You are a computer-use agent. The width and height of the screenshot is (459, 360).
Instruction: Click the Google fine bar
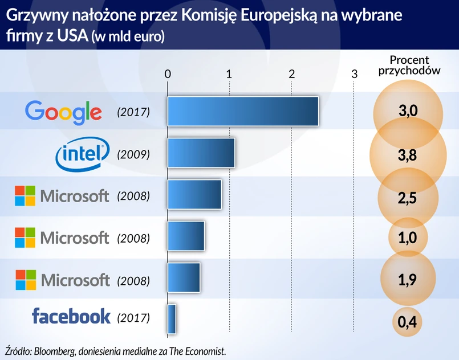click(x=242, y=111)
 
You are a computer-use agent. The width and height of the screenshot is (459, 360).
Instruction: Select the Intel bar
click(x=201, y=153)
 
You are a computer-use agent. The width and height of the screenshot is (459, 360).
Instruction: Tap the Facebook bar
click(x=172, y=319)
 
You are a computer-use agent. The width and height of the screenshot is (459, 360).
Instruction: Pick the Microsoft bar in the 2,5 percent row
click(x=194, y=195)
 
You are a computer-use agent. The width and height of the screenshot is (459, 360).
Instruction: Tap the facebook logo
click(x=71, y=317)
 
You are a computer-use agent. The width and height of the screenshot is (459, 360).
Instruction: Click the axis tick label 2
click(x=291, y=74)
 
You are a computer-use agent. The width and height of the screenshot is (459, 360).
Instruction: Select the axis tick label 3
click(x=354, y=74)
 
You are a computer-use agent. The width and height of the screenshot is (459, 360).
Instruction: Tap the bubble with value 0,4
click(x=407, y=322)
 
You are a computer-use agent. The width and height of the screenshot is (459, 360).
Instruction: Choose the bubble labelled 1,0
click(x=408, y=238)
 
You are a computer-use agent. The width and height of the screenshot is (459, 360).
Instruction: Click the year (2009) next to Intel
click(x=133, y=154)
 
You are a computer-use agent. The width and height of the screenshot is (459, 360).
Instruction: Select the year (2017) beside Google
click(x=133, y=112)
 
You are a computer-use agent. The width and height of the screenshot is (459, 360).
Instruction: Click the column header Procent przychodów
click(x=409, y=65)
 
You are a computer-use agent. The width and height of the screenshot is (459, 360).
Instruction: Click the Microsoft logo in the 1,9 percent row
click(x=62, y=280)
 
